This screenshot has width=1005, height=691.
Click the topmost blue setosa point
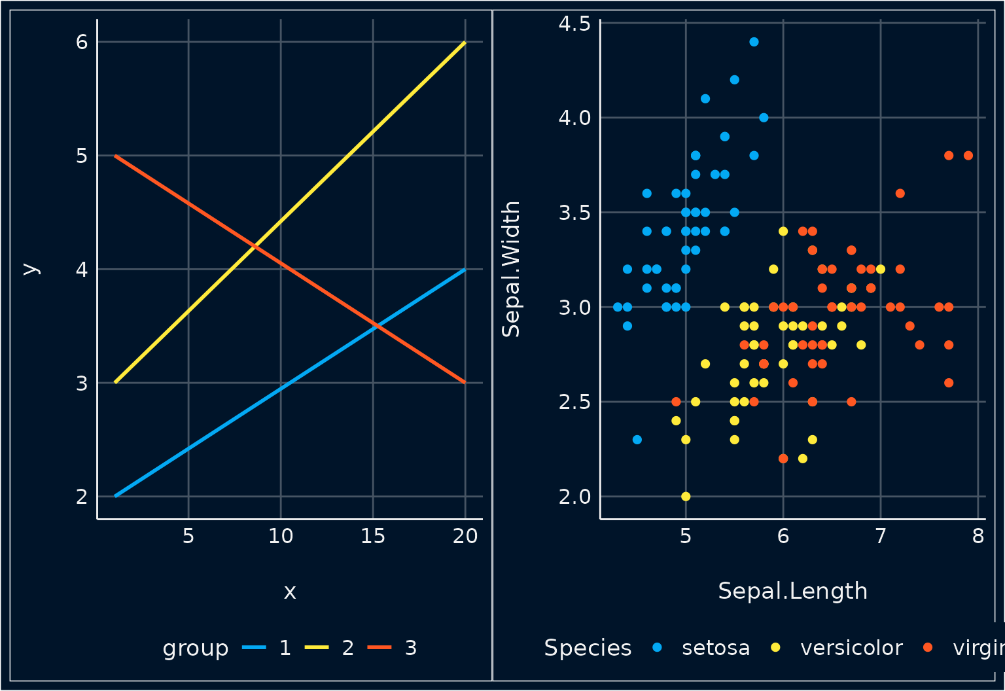pos(754,42)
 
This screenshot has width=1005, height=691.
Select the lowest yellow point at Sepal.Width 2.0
pos(686,497)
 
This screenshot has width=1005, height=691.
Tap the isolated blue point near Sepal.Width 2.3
pos(637,440)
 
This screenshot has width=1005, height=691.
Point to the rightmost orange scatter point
pos(968,156)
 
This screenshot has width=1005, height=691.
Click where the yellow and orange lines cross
pos(255,246)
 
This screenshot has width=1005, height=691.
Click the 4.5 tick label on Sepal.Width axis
pos(574,24)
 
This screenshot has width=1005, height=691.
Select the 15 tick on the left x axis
pos(373,537)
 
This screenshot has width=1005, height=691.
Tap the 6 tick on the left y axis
pos(82,42)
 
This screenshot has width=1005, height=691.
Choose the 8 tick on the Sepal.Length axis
pos(978,537)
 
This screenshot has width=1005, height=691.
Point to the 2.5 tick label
pos(574,402)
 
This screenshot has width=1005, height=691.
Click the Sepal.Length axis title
pos(792,591)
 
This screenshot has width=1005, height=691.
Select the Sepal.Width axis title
pos(511,269)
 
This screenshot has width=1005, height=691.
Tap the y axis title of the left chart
pos(30,269)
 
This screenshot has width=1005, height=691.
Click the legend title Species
pos(588,648)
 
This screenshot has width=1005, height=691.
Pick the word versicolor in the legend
pos(851,648)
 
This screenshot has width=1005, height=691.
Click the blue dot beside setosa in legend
pos(658,648)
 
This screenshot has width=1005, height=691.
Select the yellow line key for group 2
pos(317,648)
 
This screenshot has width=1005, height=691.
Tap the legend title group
pos(196,648)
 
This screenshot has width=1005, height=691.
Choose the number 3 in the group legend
pos(411,648)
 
